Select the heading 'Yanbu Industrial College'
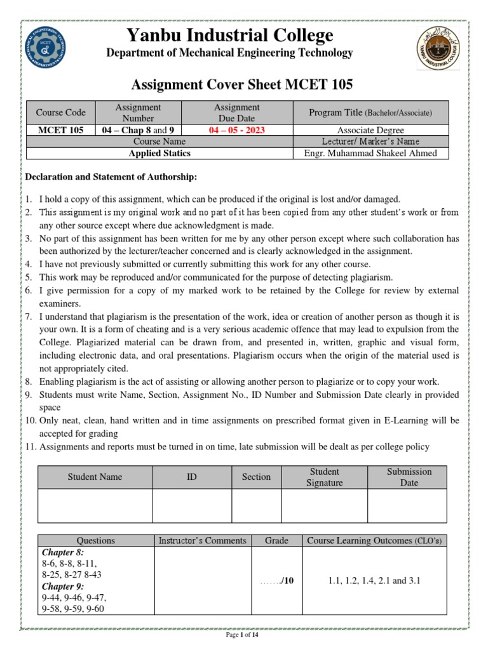pyautogui.click(x=229, y=36)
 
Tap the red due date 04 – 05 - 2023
pyautogui.click(x=236, y=130)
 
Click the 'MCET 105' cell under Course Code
pyautogui.click(x=60, y=130)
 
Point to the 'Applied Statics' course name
pyautogui.click(x=159, y=153)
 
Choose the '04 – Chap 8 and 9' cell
pyautogui.click(x=138, y=130)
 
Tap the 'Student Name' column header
pyautogui.click(x=95, y=477)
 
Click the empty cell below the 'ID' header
pyautogui.click(x=191, y=505)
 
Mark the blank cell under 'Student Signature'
pyautogui.click(x=324, y=505)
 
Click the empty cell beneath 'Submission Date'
pyautogui.click(x=408, y=505)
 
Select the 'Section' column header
pyautogui.click(x=256, y=477)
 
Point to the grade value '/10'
pyautogui.click(x=284, y=581)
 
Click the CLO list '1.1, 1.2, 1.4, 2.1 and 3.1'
pyautogui.click(x=374, y=581)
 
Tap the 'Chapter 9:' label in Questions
pyautogui.click(x=58, y=587)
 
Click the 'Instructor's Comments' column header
pyautogui.click(x=202, y=540)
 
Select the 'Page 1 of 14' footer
pyautogui.click(x=243, y=634)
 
